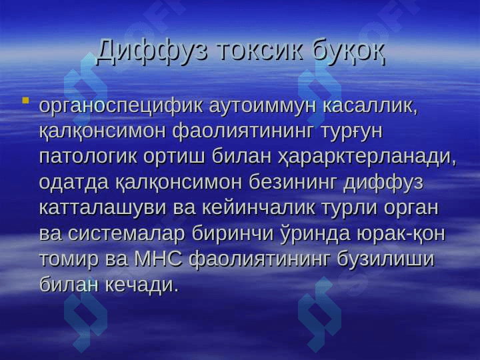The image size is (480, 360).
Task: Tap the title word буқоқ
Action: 349,52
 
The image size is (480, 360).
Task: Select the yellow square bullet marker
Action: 26,100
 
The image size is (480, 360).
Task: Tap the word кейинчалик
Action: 258,209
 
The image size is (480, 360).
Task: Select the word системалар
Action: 127,235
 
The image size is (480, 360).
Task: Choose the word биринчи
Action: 233,234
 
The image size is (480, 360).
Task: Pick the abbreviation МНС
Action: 158,259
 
